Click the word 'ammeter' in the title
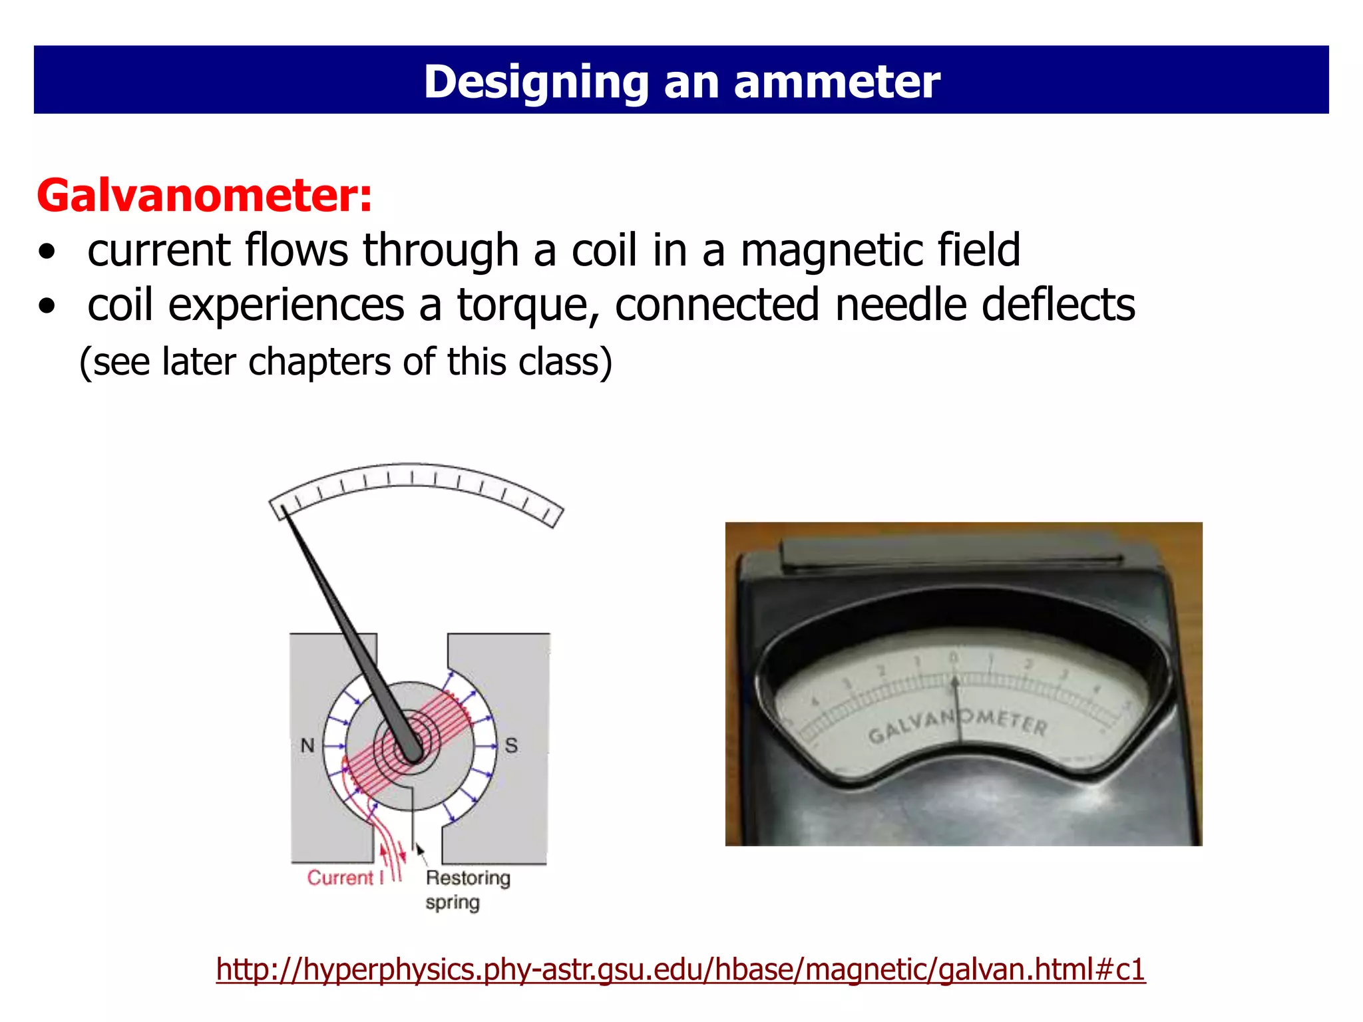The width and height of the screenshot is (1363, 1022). coord(837,82)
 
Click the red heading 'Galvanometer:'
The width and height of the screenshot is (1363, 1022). coord(204,196)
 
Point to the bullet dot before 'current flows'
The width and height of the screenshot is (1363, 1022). coord(47,253)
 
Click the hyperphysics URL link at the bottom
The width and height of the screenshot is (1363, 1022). coord(680,969)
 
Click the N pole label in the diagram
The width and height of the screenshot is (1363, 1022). coord(307,745)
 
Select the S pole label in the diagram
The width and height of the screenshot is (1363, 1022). coord(511,745)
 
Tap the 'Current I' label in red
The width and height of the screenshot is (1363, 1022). coord(345,878)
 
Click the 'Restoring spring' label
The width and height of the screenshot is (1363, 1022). coord(467,890)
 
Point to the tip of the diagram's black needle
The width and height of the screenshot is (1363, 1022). coord(283,509)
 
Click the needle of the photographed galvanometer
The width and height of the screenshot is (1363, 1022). coord(958,712)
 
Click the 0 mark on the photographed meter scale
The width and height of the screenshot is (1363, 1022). coord(953,658)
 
